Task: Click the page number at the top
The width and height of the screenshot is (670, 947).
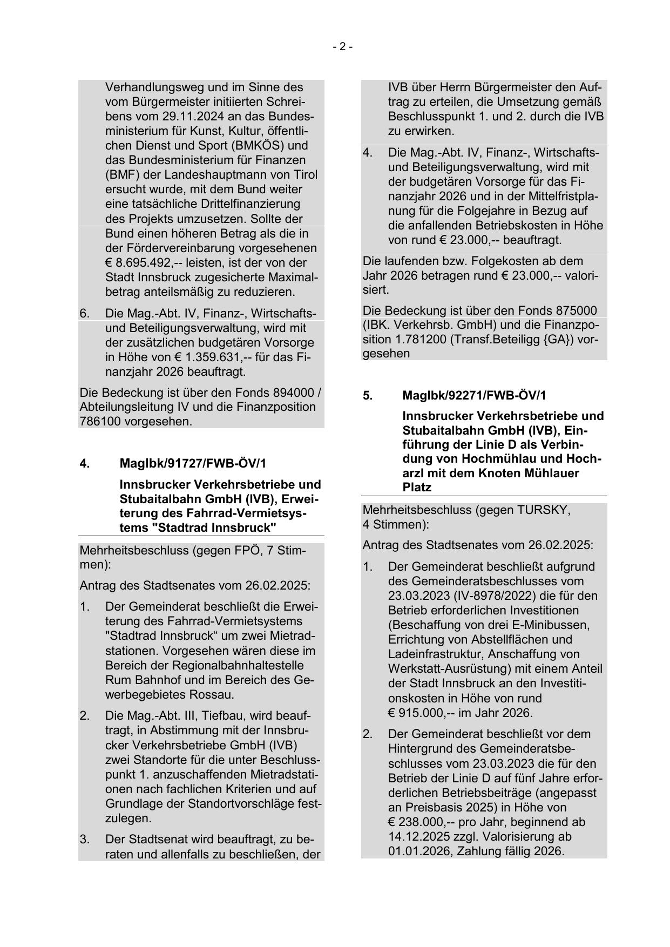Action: (x=342, y=47)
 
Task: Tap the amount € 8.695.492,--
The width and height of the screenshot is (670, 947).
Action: (x=139, y=263)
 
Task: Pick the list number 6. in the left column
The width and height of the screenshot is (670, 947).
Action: (x=85, y=314)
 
